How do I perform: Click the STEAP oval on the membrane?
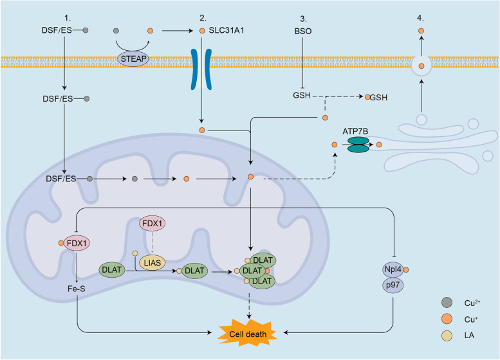pos(133,59)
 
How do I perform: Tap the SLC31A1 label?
pos(227,31)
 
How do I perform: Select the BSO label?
pos(303,32)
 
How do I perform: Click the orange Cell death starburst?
pos(248,333)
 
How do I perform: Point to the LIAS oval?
pos(152,263)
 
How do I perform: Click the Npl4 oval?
pos(393,269)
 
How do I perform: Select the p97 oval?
pos(393,285)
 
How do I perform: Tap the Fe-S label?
pos(77,289)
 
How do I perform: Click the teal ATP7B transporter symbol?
pos(358,145)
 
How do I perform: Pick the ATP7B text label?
pos(355,131)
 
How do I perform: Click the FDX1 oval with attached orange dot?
pos(77,244)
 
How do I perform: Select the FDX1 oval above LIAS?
pos(153,223)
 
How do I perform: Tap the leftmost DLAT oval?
pos(111,270)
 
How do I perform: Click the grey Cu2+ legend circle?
pos(447,302)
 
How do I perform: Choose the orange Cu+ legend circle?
pos(447,319)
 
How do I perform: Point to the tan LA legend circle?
pos(447,336)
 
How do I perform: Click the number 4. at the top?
pos(420,18)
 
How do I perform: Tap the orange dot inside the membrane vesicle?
pos(421,66)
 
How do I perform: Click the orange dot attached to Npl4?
pos(406,270)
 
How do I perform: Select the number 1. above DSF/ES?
pos(67,18)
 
